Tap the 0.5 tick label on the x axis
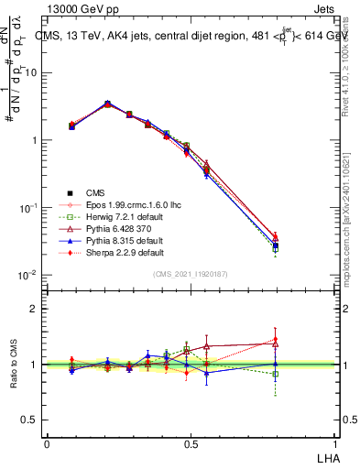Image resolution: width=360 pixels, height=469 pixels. point(191,443)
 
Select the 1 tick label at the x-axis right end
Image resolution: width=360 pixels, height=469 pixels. point(335,443)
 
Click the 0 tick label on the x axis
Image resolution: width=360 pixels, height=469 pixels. point(47,443)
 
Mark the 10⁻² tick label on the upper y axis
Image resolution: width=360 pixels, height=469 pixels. point(30,276)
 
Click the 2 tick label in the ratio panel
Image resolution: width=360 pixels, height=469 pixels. point(35,309)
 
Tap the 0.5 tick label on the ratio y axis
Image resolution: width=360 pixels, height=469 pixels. point(31,420)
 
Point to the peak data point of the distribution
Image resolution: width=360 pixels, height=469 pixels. point(108,104)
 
